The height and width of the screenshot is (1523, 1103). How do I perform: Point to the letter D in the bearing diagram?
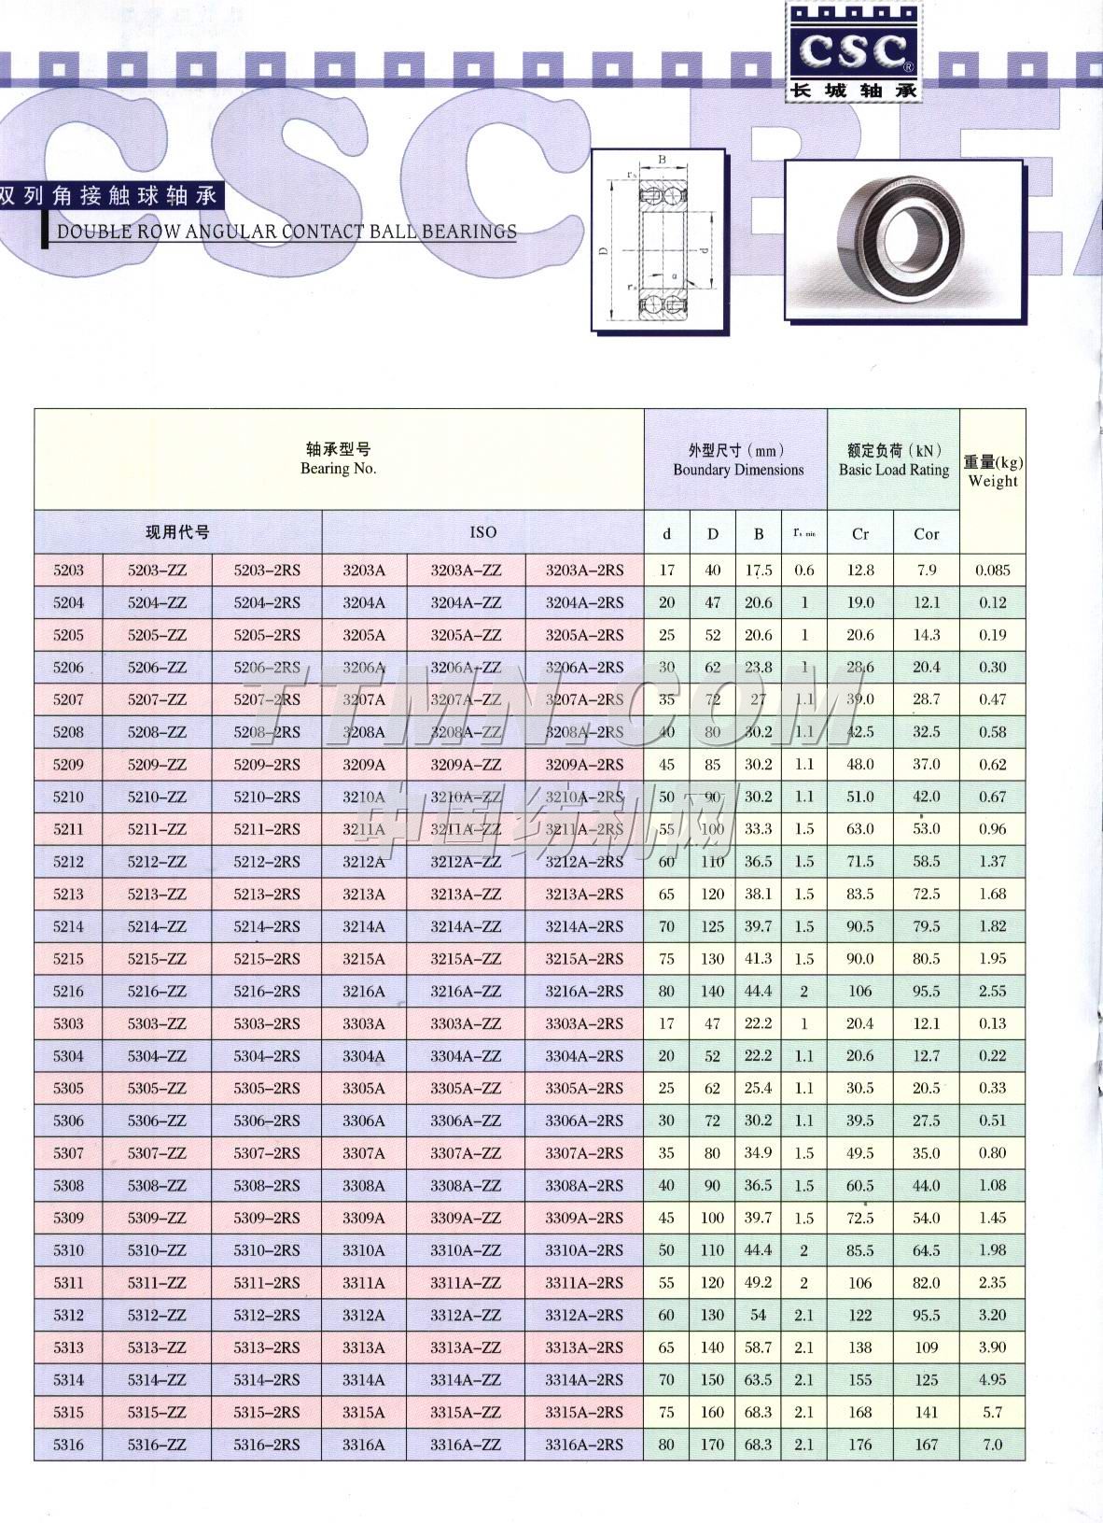click(x=604, y=251)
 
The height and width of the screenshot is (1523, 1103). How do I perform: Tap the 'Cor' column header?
click(x=926, y=534)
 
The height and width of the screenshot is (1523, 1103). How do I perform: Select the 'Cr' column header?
click(x=860, y=534)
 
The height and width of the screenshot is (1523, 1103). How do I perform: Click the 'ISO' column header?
click(x=482, y=532)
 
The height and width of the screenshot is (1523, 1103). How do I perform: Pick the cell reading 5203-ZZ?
click(x=157, y=571)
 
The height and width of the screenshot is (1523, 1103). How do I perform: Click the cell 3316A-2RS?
click(x=584, y=1445)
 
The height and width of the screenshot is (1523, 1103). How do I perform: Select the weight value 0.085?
click(x=992, y=571)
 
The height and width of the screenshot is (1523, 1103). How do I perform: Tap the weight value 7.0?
click(x=992, y=1445)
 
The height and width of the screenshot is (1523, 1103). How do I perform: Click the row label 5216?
click(x=68, y=992)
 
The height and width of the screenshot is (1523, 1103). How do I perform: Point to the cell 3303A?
click(x=364, y=1024)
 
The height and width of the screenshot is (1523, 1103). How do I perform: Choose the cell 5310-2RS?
click(x=267, y=1250)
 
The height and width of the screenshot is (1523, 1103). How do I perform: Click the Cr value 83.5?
click(x=859, y=895)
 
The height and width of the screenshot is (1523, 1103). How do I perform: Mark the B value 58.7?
click(x=759, y=1347)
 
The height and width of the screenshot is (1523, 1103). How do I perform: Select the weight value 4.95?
click(x=992, y=1380)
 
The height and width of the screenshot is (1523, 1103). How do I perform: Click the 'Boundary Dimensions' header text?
click(x=738, y=471)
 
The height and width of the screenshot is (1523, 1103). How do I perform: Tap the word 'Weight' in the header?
click(x=993, y=482)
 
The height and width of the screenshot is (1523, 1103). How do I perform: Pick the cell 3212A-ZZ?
click(x=466, y=862)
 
